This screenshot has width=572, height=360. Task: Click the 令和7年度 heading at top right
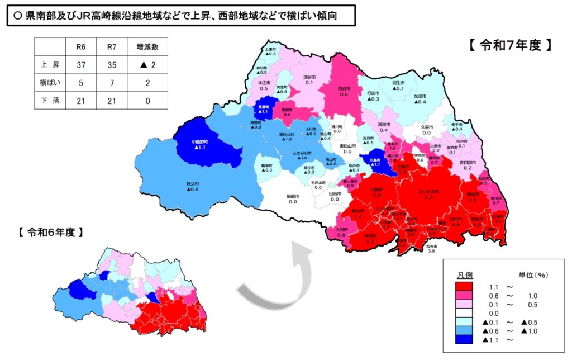coord(510,46)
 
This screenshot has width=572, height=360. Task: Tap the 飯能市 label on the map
coord(293,197)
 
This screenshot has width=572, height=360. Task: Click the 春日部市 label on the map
coord(468,163)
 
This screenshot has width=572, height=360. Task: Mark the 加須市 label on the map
coord(420,96)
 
